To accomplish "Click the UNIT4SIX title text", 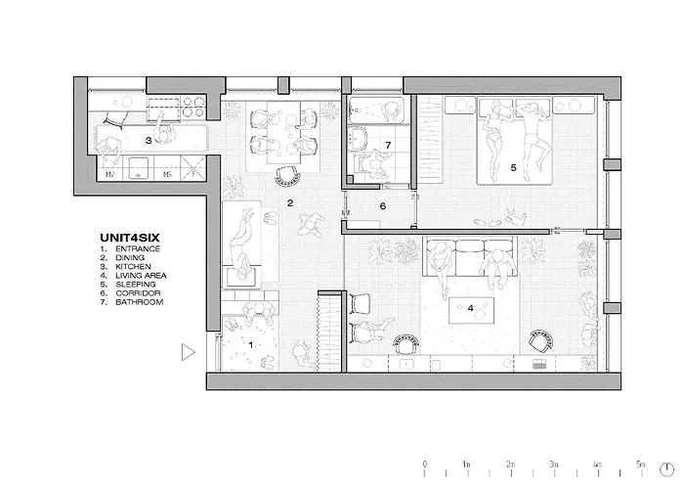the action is [x=130, y=238].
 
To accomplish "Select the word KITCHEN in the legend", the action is [x=133, y=266].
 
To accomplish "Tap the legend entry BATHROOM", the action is [x=139, y=301].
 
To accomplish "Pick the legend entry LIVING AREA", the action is [x=141, y=276].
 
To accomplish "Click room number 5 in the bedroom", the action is [x=513, y=167].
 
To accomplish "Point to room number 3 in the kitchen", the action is [x=149, y=141].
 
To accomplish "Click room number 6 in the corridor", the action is [x=383, y=206].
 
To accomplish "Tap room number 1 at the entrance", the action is [x=251, y=345].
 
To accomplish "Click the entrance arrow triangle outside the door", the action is [x=188, y=352].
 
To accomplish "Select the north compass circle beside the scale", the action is [x=666, y=469].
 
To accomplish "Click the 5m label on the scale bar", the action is [x=640, y=464].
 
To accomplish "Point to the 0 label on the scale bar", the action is [x=425, y=464].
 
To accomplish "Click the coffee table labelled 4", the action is [x=472, y=310].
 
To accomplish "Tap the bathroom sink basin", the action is [x=358, y=138].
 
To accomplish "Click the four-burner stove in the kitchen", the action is [x=194, y=107].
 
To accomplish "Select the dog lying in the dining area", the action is [x=312, y=224].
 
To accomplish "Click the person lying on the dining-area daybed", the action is [x=240, y=244].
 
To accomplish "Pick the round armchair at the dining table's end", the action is [x=288, y=175].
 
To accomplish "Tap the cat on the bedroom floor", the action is [x=517, y=216].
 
